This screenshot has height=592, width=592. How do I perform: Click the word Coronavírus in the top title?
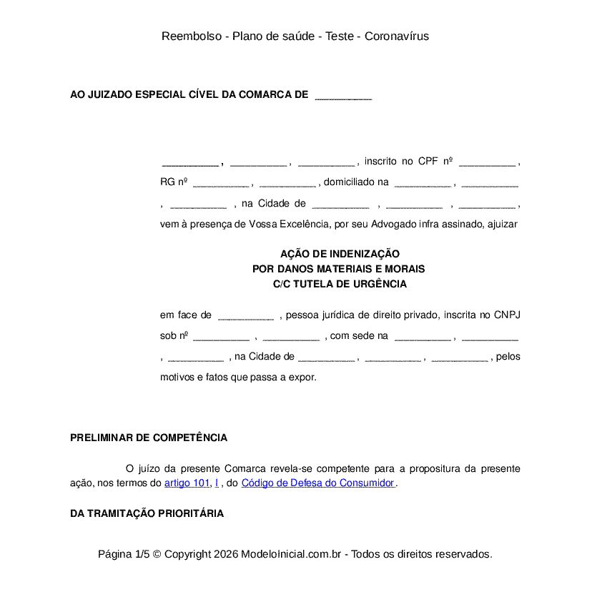point(397,36)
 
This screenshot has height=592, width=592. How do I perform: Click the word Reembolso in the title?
point(192,36)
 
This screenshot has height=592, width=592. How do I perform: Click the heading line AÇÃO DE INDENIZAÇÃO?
point(340,254)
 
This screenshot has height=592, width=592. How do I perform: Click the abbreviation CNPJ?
point(507,315)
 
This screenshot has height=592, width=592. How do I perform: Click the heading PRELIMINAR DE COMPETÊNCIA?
point(149,438)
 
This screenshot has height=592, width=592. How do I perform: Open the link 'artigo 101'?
point(187,483)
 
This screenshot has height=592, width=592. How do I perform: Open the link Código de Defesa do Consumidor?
point(317,483)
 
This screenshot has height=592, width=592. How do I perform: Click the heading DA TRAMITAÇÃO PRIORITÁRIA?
point(147,513)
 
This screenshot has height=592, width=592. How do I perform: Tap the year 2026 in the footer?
point(225,554)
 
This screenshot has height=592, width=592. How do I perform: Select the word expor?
point(302,377)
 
